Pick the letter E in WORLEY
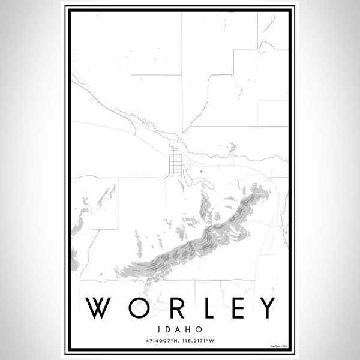pyautogui.click(x=235, y=308)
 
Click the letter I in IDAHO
pyautogui.click(x=161, y=329)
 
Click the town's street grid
pyautogui.click(x=175, y=158)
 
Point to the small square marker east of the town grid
pyautogui.click(x=200, y=172)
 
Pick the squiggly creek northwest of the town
pyautogui.click(x=137, y=118)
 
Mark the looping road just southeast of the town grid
pyautogui.click(x=190, y=178)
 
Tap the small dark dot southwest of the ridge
pyautogui.click(x=100, y=273)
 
